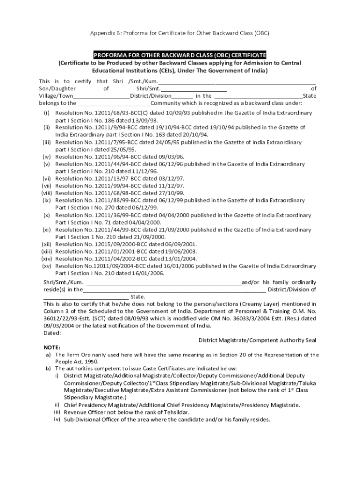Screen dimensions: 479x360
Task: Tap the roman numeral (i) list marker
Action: point(47,113)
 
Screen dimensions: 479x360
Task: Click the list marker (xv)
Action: point(46,266)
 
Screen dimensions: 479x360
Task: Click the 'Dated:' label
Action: point(52,333)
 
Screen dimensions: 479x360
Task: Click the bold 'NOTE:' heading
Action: point(52,348)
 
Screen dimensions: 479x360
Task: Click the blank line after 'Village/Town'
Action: point(101,96)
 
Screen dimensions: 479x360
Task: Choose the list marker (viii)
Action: point(46,193)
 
